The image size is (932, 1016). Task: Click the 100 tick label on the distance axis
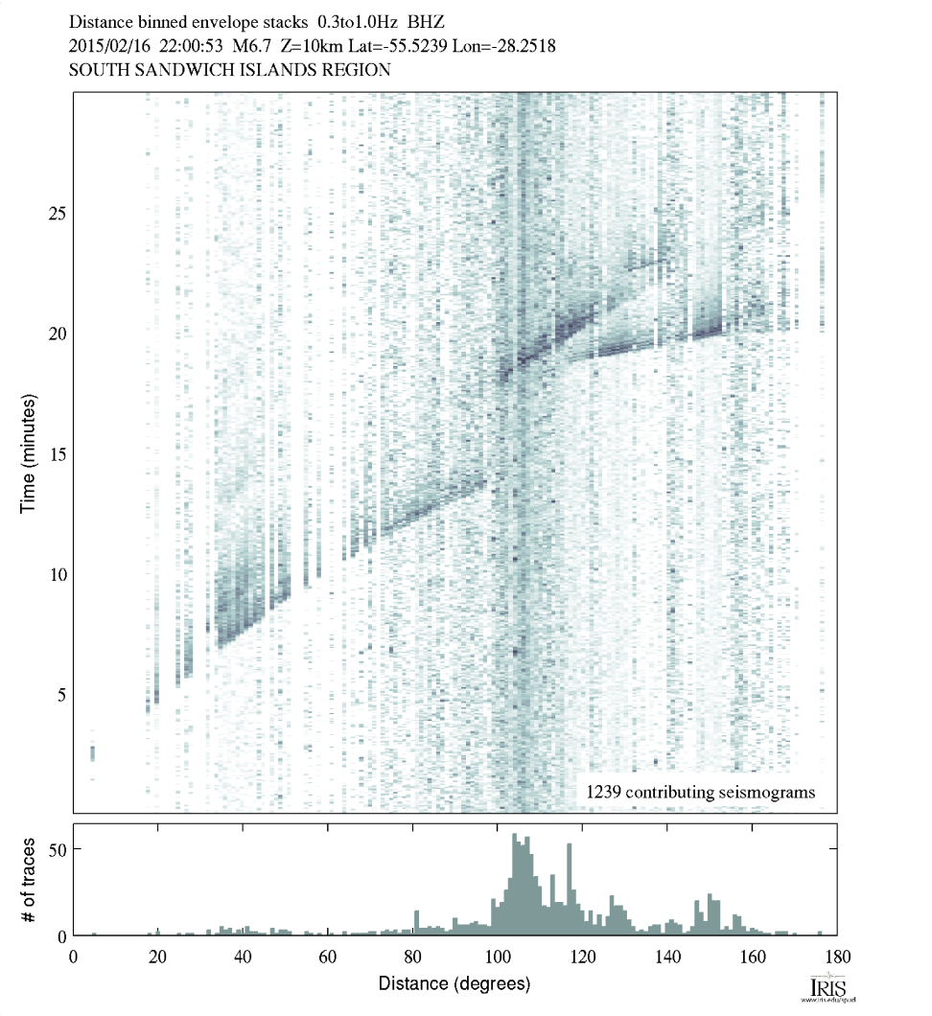coord(497,956)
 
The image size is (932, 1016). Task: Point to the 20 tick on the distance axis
coord(158,956)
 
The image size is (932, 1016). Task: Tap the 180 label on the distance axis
coord(835,956)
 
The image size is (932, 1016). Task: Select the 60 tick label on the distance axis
coord(327,956)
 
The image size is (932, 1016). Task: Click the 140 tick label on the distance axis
coord(666,956)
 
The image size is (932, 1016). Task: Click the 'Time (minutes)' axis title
coord(28,453)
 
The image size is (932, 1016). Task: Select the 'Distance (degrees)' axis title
coord(454,983)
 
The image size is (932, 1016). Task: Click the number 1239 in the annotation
coord(604,793)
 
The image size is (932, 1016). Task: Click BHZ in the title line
coord(426,20)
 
